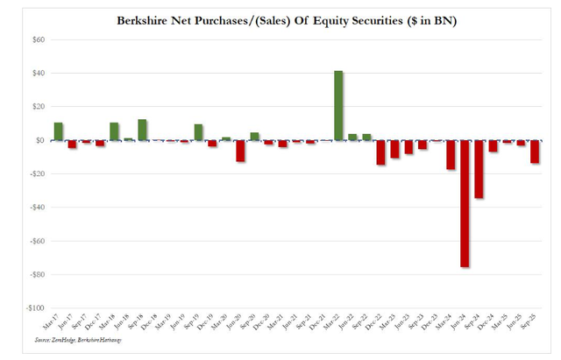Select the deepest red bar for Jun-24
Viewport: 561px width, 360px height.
(465, 202)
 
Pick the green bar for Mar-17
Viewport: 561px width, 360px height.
(59, 131)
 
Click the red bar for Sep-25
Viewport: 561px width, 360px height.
(535, 152)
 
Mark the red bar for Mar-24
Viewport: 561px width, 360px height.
(451, 154)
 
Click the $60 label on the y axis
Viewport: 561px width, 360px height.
(37, 40)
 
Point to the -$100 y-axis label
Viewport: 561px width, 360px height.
(34, 308)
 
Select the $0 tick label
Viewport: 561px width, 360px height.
(39, 140)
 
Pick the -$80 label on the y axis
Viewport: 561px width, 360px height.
(36, 274)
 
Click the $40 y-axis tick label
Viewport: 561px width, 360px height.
(37, 74)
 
